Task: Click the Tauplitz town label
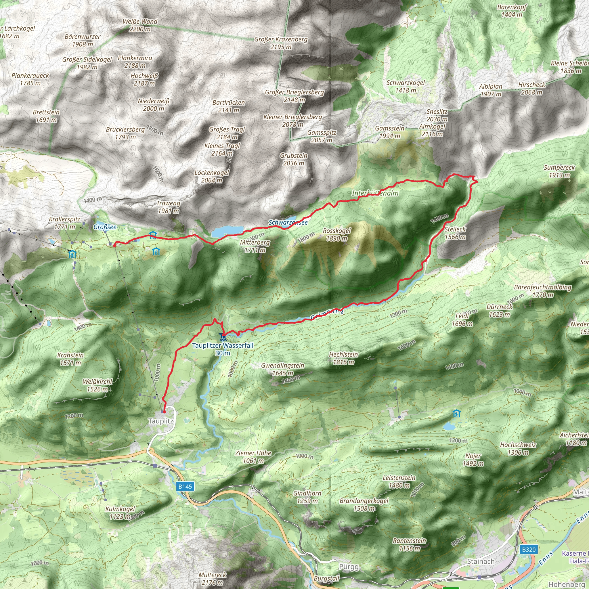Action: pyautogui.click(x=161, y=421)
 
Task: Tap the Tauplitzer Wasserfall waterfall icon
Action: pyautogui.click(x=223, y=337)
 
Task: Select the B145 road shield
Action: pyautogui.click(x=185, y=486)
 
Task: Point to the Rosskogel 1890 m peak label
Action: pyautogui.click(x=336, y=234)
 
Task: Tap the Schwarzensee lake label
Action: pyautogui.click(x=288, y=222)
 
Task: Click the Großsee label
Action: pyautogui.click(x=105, y=227)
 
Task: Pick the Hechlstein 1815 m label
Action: pyautogui.click(x=343, y=358)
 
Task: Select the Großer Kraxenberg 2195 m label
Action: pyautogui.click(x=281, y=43)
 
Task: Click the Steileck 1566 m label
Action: pyautogui.click(x=455, y=233)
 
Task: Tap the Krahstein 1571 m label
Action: pyautogui.click(x=70, y=359)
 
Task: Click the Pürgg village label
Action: pyautogui.click(x=349, y=567)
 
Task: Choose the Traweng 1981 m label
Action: pyautogui.click(x=168, y=207)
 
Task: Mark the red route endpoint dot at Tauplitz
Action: pyautogui.click(x=164, y=412)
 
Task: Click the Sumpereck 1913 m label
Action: pyautogui.click(x=559, y=171)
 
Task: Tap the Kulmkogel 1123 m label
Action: pyautogui.click(x=120, y=512)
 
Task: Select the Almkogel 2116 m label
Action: pyautogui.click(x=432, y=130)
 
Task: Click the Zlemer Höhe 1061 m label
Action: pyautogui.click(x=253, y=457)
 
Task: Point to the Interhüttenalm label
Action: pyautogui.click(x=375, y=193)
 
